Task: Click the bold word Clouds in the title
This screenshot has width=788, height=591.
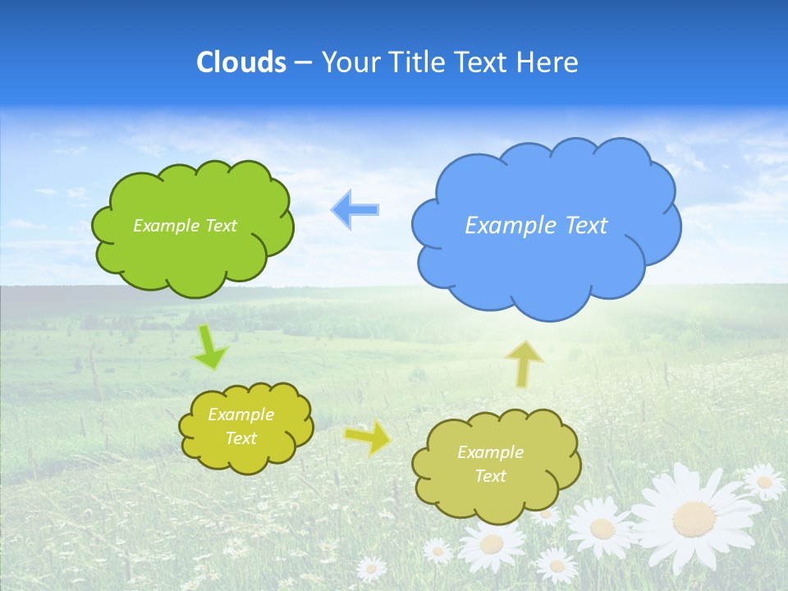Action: point(241,62)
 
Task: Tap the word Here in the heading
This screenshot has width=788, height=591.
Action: point(549,62)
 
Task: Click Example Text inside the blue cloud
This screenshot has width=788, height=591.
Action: point(536,226)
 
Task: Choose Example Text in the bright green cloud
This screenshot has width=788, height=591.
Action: point(185,226)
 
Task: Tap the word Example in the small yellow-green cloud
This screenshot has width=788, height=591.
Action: point(241,415)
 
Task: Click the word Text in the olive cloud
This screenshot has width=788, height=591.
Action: point(491,476)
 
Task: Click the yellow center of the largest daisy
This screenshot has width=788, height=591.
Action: point(694,517)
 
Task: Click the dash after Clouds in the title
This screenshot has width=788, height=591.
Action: point(303,63)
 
